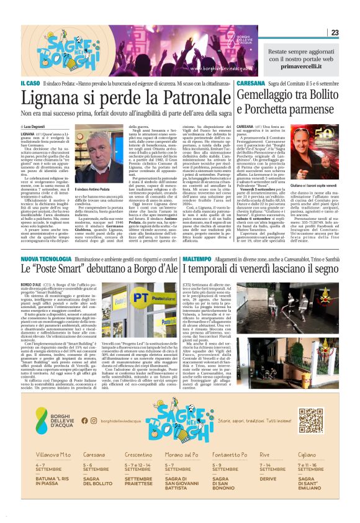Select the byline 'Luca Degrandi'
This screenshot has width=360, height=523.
point(56,127)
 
